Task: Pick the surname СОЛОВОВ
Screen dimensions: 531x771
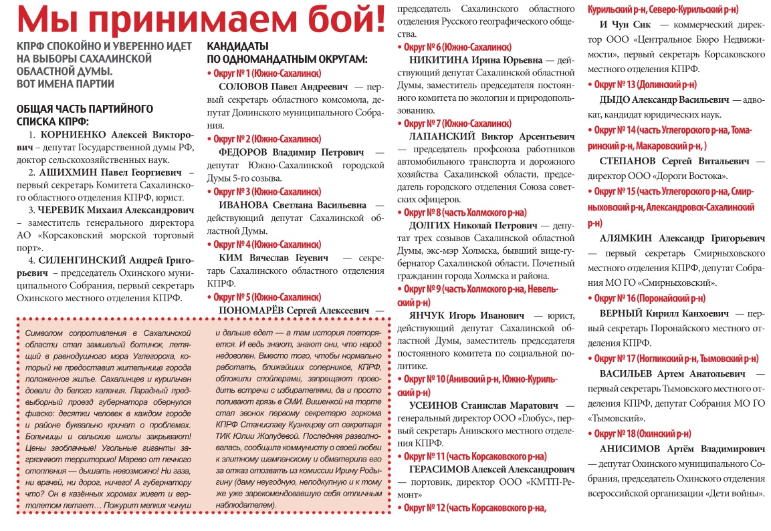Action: point(245,87)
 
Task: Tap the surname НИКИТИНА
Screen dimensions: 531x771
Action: point(439,60)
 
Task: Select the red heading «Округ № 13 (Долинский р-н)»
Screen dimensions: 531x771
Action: point(646,85)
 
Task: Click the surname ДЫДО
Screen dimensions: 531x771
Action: point(617,99)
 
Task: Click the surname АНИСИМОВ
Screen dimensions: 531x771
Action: point(629,448)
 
